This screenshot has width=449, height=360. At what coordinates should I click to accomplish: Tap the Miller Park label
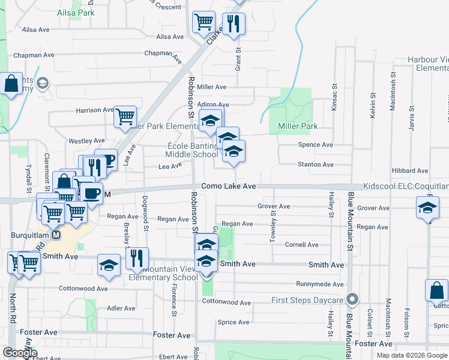tap(297, 126)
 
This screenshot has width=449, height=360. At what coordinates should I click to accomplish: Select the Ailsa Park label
tap(76, 13)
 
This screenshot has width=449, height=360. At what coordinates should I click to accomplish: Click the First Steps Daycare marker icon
tap(352, 299)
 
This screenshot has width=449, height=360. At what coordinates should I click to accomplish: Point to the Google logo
tap(20, 353)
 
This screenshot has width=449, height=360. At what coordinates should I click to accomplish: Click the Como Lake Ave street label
tap(229, 187)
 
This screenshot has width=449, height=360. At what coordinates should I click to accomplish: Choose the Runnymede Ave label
tap(320, 284)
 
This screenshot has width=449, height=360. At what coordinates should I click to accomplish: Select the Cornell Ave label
tap(301, 245)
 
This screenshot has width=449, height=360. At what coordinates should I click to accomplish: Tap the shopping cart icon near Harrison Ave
tap(125, 116)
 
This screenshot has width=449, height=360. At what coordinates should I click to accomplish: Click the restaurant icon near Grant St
tap(234, 24)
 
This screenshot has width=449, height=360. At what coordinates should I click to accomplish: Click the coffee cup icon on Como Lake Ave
tap(91, 194)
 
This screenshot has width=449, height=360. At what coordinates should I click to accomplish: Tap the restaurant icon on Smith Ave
tap(137, 258)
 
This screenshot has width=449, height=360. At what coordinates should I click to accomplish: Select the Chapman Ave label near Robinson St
tap(163, 53)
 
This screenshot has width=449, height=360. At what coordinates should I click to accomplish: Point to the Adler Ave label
tap(121, 308)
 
